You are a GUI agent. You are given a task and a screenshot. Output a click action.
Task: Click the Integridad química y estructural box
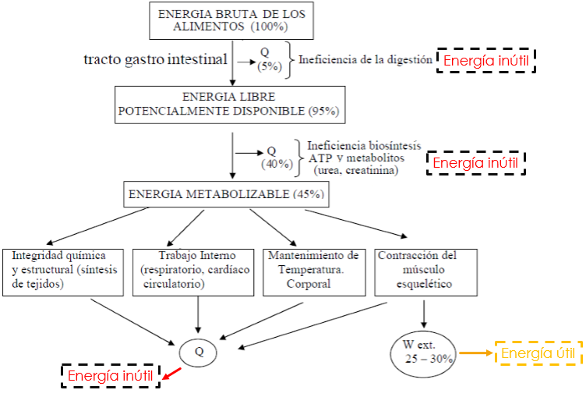[x=65, y=271]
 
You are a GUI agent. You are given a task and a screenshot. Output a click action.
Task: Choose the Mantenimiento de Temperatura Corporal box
[x=313, y=271]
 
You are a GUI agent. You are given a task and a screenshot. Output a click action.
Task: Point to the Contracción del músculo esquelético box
[x=425, y=271]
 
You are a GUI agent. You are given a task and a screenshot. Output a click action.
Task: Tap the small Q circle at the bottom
[x=199, y=351]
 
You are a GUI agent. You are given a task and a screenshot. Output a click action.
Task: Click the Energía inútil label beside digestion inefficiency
[x=486, y=60]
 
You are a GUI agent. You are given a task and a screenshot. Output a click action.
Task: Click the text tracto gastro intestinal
[x=155, y=59]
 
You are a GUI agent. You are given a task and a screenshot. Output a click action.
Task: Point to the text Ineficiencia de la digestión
[x=365, y=59]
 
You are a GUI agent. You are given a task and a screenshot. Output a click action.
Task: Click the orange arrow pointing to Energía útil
[x=475, y=353]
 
